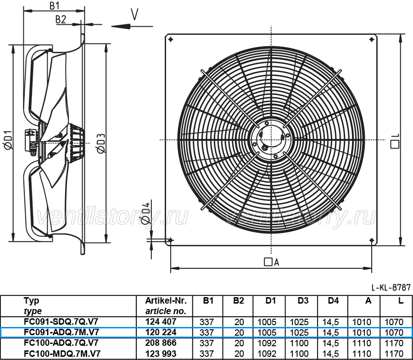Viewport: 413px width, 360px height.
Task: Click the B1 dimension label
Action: (x=55, y=6)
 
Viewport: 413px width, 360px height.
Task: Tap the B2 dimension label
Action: (x=61, y=19)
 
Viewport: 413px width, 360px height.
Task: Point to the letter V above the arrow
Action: (x=134, y=14)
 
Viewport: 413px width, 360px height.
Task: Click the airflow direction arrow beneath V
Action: (x=132, y=26)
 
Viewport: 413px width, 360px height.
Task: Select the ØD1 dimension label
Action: (x=8, y=140)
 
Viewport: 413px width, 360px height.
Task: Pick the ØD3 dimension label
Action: (x=101, y=144)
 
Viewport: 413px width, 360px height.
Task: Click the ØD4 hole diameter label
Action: (x=145, y=213)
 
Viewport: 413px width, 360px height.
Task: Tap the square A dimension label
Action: (x=272, y=262)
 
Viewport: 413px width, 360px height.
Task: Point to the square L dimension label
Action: (x=395, y=141)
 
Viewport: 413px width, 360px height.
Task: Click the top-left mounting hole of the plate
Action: (x=171, y=40)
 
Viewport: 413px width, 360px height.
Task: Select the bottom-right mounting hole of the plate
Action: (x=372, y=240)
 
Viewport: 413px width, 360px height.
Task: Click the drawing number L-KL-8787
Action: (x=391, y=287)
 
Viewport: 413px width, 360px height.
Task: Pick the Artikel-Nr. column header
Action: (x=166, y=300)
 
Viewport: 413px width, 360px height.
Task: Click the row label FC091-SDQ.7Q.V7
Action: (x=61, y=321)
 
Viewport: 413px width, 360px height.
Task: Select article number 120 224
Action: (x=161, y=332)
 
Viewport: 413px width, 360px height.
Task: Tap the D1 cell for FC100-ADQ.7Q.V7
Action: (x=267, y=343)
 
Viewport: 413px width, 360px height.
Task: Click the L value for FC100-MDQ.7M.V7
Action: (x=394, y=354)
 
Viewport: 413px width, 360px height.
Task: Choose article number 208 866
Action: (x=161, y=343)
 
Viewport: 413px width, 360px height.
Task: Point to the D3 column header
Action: (x=303, y=300)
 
